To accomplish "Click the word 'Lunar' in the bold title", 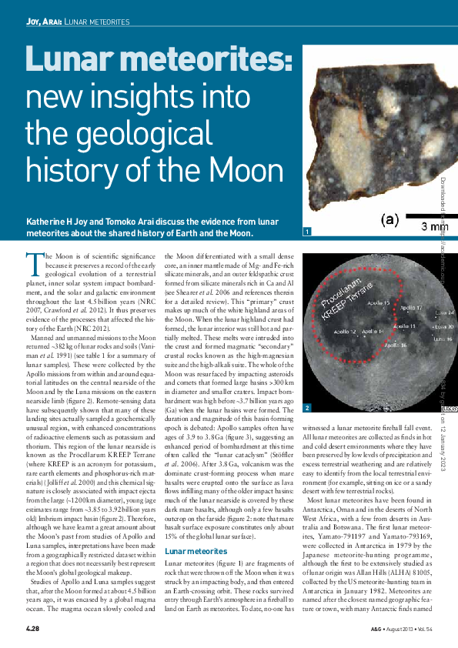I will [x=76, y=67].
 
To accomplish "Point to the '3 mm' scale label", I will [x=434, y=226].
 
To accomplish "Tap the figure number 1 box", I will [x=308, y=232].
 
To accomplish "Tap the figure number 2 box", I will [x=308, y=407].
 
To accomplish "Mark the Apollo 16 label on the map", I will [x=395, y=346].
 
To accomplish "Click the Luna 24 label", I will [x=444, y=313].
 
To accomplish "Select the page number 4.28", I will [x=32, y=631].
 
